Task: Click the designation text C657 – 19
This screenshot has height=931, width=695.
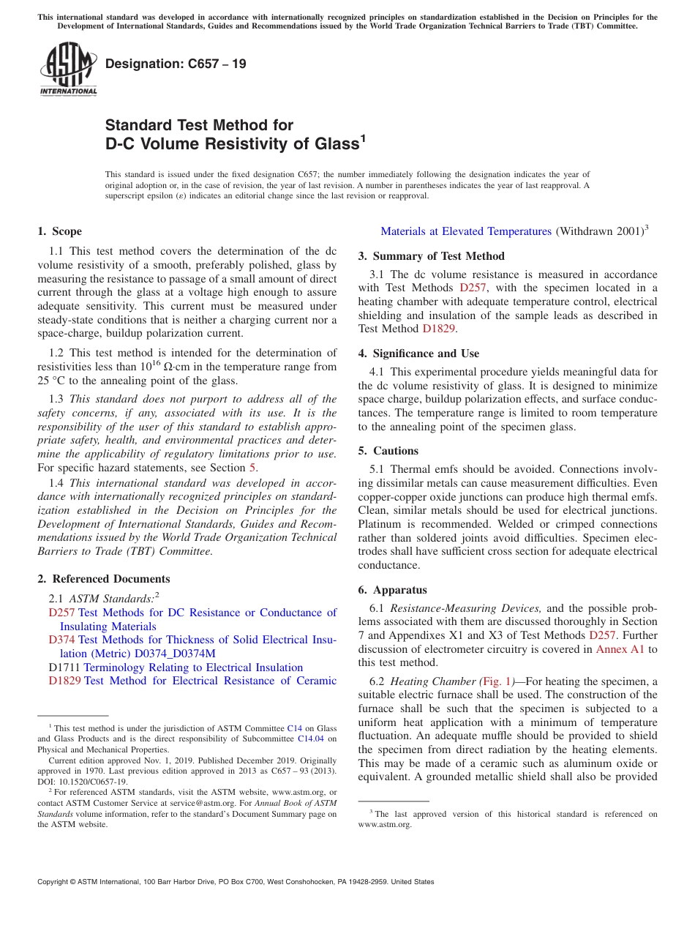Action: pos(176,64)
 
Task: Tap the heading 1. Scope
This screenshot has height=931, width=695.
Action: pos(59,231)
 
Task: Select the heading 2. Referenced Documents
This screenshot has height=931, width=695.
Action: pos(103,579)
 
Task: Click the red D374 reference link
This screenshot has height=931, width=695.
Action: pos(61,640)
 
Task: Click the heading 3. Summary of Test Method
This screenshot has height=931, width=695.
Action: pos(431,256)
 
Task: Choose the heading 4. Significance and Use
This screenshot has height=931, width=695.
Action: pos(418,354)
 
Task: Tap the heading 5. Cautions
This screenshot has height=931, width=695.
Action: pos(388,451)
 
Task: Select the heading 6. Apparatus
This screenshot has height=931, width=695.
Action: pos(393,590)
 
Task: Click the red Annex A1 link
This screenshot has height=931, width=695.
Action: pos(620,649)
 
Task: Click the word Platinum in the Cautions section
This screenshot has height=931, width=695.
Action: pos(380,524)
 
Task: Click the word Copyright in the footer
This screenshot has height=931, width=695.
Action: pos(55,882)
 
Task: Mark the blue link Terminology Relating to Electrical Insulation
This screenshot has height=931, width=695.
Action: pos(193,668)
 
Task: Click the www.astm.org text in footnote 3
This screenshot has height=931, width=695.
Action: pos(385,824)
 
